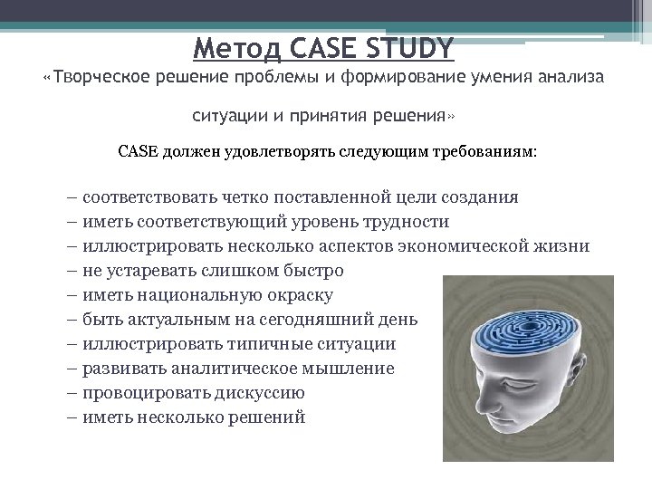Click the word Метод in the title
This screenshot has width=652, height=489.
236,44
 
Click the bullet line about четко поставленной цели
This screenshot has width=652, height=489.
299,197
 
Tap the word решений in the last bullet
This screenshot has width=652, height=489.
273,417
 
